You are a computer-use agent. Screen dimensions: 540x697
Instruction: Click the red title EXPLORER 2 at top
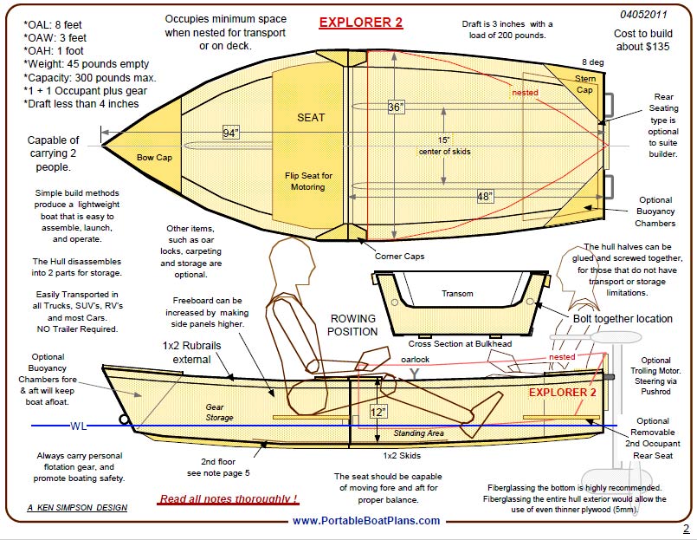(360, 23)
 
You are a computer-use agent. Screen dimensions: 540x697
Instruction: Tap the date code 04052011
(644, 15)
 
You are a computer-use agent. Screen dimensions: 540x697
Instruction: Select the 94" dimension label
(230, 133)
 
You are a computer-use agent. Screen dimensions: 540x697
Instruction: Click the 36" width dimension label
(396, 107)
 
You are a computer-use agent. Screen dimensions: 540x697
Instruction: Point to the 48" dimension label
(486, 197)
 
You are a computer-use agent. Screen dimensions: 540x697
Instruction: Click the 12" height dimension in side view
(378, 412)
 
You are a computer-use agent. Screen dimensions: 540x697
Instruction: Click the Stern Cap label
(585, 83)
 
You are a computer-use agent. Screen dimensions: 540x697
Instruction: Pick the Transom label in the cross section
(457, 293)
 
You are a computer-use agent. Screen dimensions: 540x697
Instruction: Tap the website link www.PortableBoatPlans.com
(365, 521)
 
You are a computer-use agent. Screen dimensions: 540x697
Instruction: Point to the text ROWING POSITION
(353, 325)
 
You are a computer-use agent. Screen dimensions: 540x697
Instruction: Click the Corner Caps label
(398, 257)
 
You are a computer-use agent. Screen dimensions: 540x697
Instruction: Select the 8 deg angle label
(592, 62)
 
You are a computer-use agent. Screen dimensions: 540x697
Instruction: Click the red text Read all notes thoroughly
(229, 499)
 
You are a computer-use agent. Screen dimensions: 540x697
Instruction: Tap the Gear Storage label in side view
(219, 412)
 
